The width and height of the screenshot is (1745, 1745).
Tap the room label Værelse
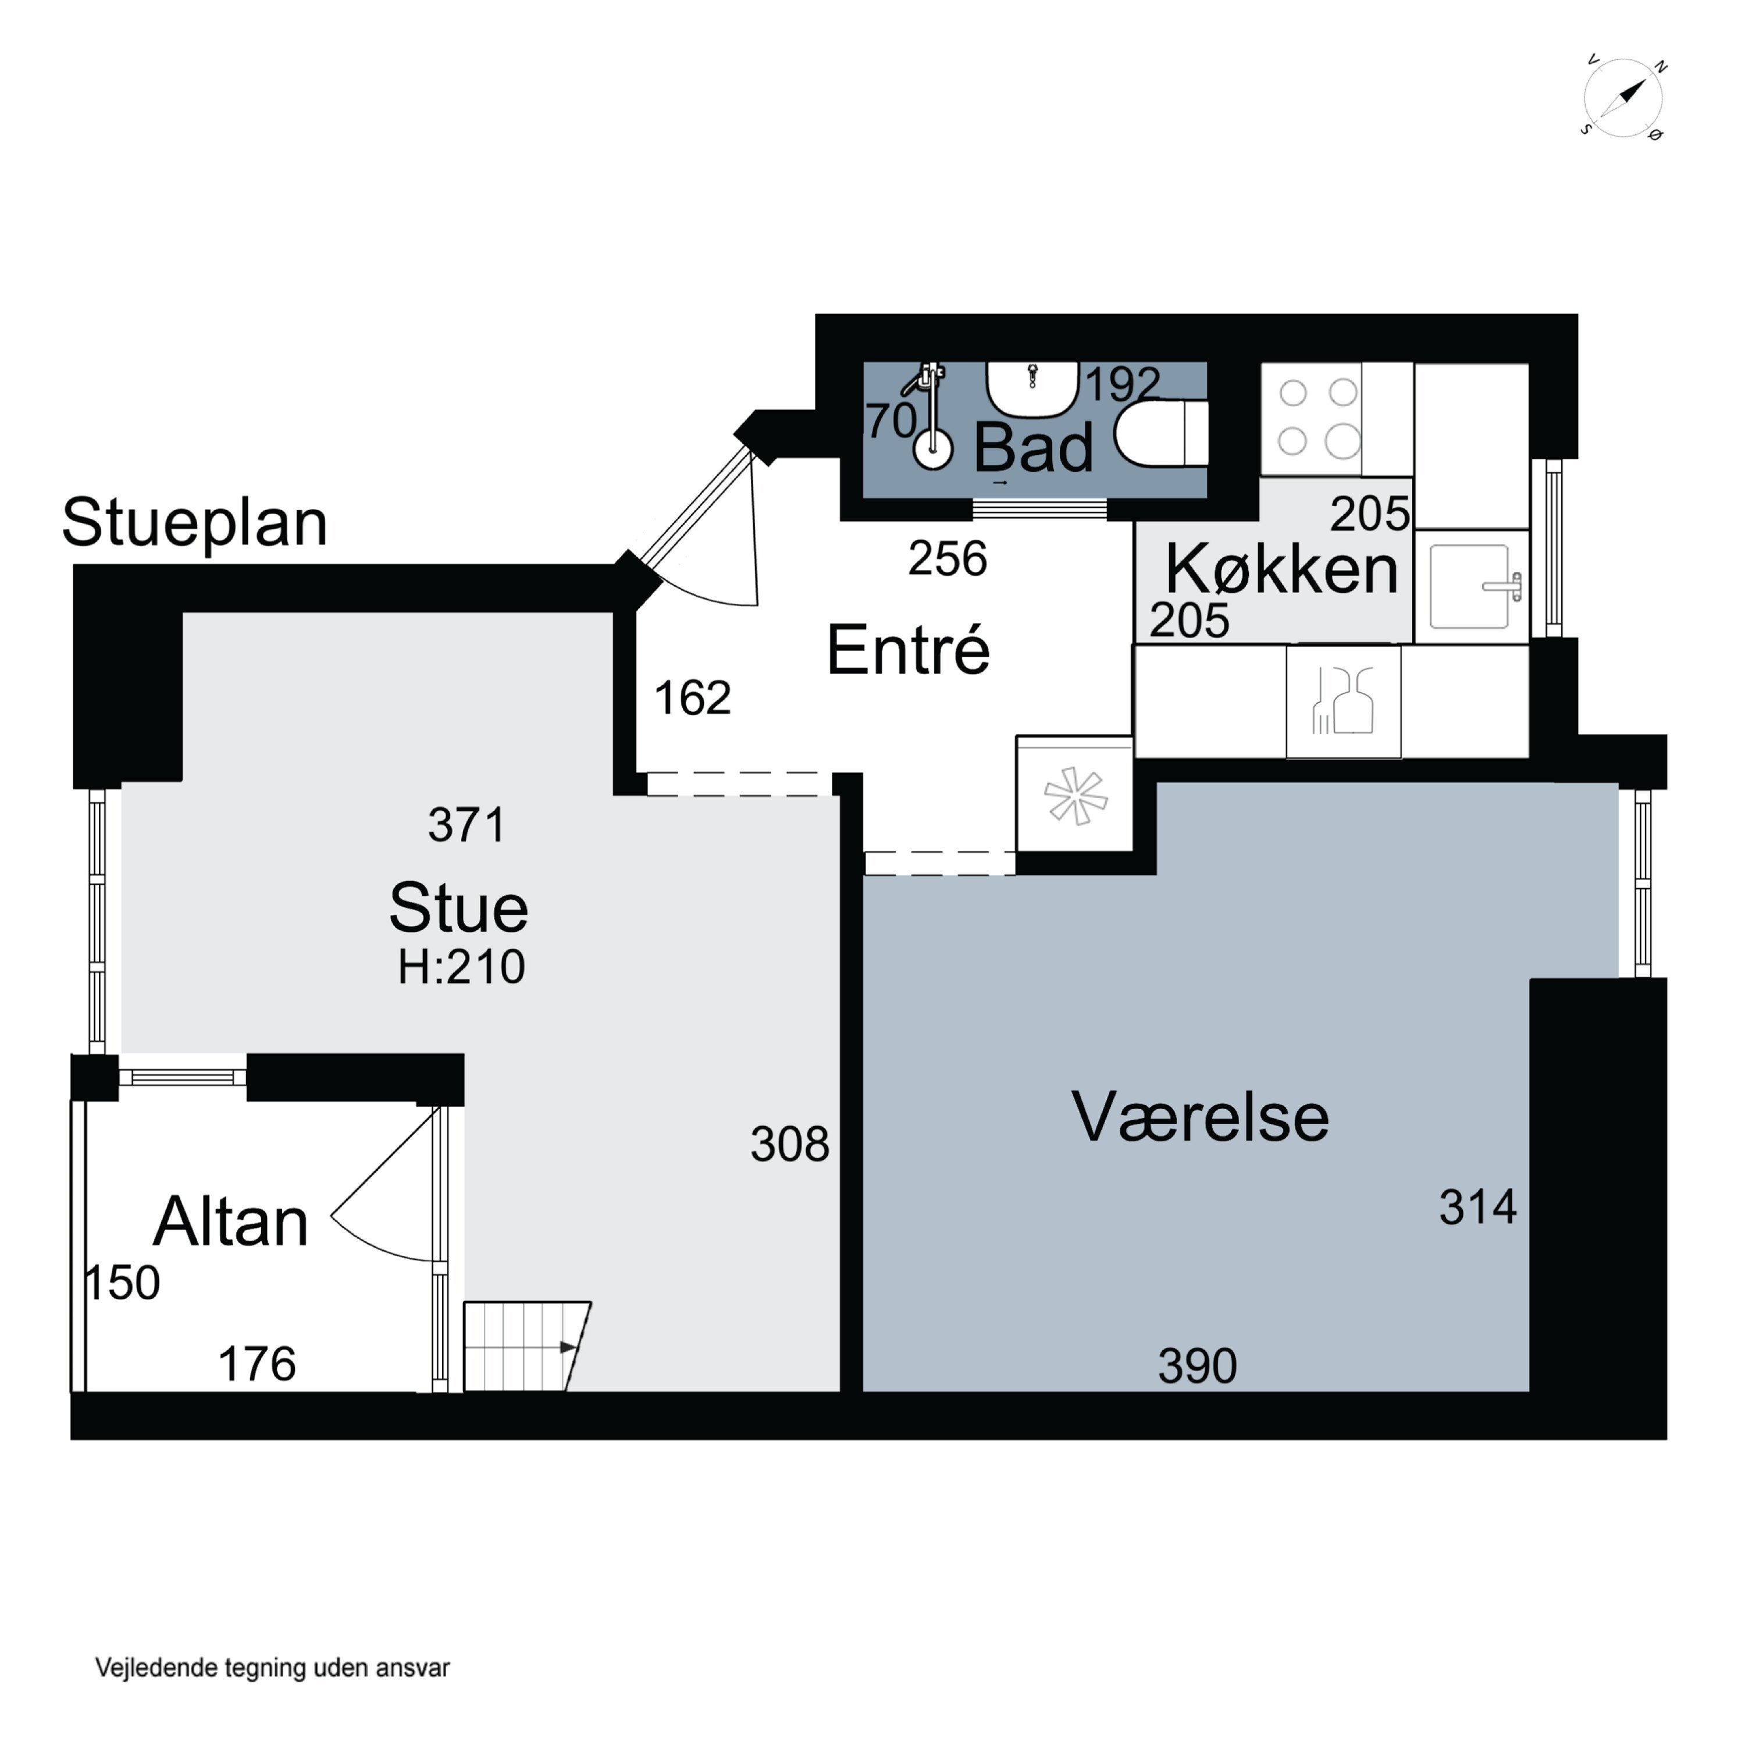1199,1118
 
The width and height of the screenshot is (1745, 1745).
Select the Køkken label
1281,570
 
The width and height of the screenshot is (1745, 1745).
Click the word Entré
908,650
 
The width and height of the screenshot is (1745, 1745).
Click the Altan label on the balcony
232,1222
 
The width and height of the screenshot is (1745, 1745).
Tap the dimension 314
1477,1208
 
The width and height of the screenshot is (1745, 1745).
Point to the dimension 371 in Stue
466,825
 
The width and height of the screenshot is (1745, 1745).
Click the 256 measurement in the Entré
948,559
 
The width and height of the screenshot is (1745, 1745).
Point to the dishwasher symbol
1343,701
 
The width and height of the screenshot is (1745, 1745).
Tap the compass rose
1623,98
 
